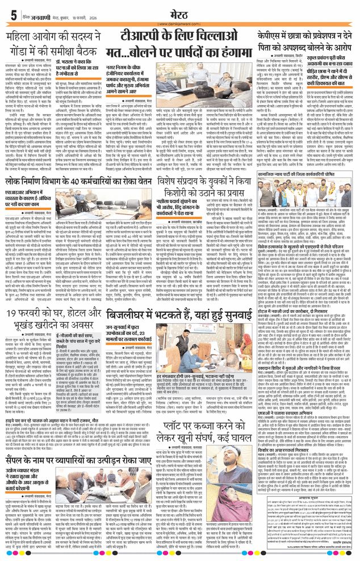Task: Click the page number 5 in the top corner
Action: (12, 15)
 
